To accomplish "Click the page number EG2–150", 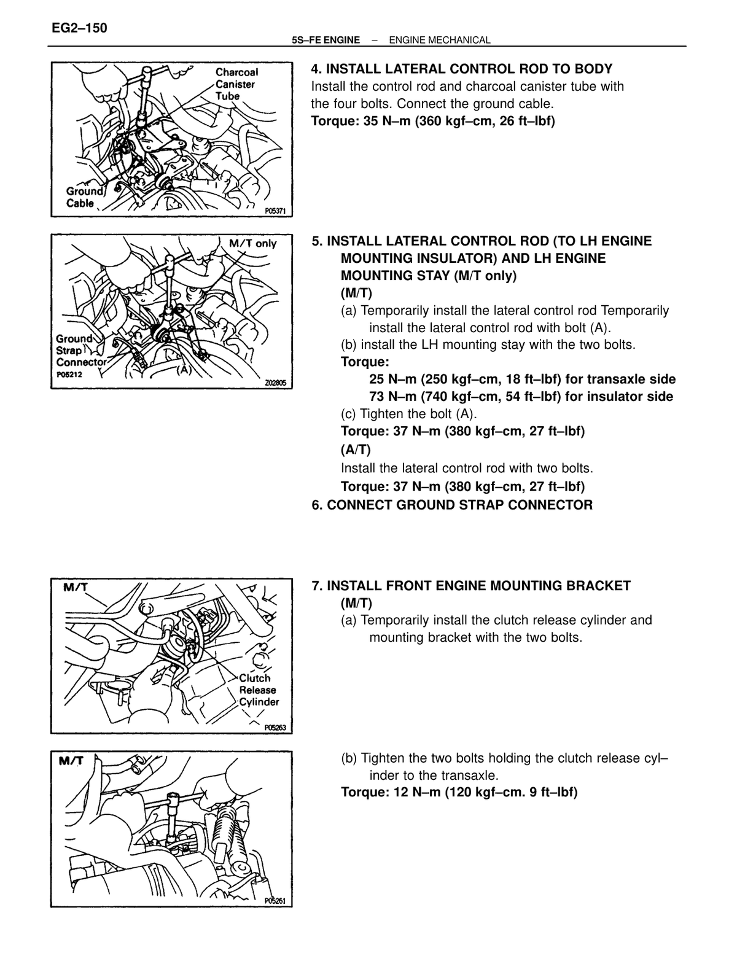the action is pos(79,28).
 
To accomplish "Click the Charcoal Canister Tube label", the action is pos(236,84).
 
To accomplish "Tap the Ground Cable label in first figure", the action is pos(84,197).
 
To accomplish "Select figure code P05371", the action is pos(275,211).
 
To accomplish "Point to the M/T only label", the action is pos(253,243).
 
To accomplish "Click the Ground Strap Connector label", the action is pos(81,351).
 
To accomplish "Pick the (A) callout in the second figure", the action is pos(185,370).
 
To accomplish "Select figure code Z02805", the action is pos(275,383).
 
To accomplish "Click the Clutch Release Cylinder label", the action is pos(259,690).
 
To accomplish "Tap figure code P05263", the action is pos(275,728).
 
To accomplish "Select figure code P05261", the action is pos(275,901).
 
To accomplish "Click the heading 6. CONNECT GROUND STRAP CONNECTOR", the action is pos(452,505).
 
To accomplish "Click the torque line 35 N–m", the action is pos(433,120).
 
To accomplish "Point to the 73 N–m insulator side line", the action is pos(521,397).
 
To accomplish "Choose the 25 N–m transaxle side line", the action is pos(522,379).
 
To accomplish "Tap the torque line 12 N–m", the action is pos(459,792).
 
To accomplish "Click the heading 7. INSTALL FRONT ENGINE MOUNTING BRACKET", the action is pos(471,585).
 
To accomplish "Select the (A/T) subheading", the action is pos(356,449).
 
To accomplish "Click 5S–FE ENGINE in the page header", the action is pos(326,40).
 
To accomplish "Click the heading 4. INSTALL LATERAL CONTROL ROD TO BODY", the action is pos(462,69).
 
